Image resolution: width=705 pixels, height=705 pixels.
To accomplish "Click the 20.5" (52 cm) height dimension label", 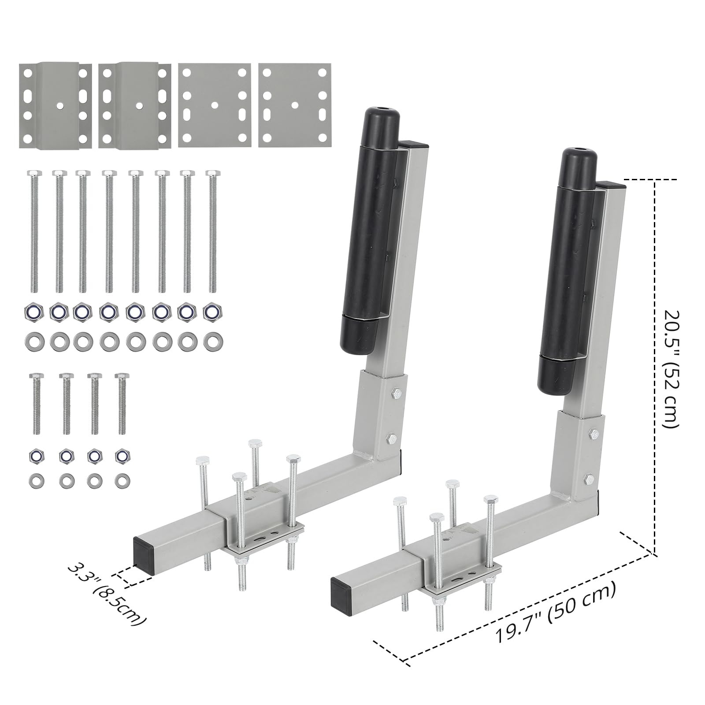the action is (x=672, y=369).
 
